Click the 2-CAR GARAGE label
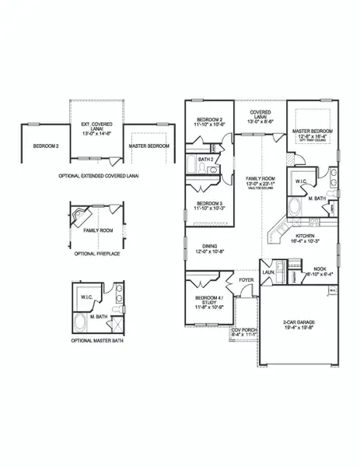(299, 320)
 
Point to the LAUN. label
(268, 272)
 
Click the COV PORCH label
(244, 330)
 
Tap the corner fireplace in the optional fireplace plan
(79, 213)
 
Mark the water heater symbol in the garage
(332, 290)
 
